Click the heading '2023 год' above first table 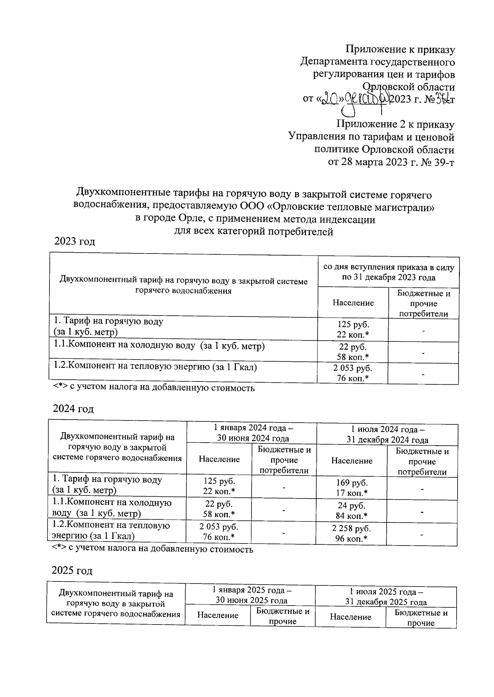point(75,242)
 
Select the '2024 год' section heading point(73,409)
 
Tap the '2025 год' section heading point(72,571)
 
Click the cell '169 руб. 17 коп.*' point(352,488)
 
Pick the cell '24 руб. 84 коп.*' point(352,511)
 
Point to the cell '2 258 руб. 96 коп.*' point(352,534)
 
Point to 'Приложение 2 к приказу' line point(395,124)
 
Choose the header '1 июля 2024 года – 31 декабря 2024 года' point(387,435)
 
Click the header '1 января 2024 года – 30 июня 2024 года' point(253,433)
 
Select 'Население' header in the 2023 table point(353,303)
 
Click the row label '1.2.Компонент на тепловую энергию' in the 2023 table point(155,367)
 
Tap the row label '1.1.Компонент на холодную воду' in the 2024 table point(112,508)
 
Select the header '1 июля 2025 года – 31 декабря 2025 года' point(386,597)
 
